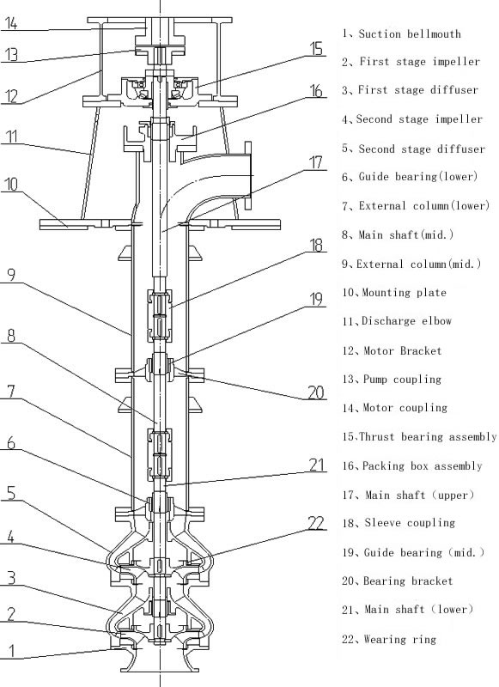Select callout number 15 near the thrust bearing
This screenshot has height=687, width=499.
pos(317,49)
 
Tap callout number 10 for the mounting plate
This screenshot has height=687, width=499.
pos(11,185)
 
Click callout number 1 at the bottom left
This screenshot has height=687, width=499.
pos(10,651)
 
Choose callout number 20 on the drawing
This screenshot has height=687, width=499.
pos(317,393)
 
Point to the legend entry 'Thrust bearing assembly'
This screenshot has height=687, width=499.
pos(427,437)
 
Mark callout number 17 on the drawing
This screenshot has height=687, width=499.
pos(317,161)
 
